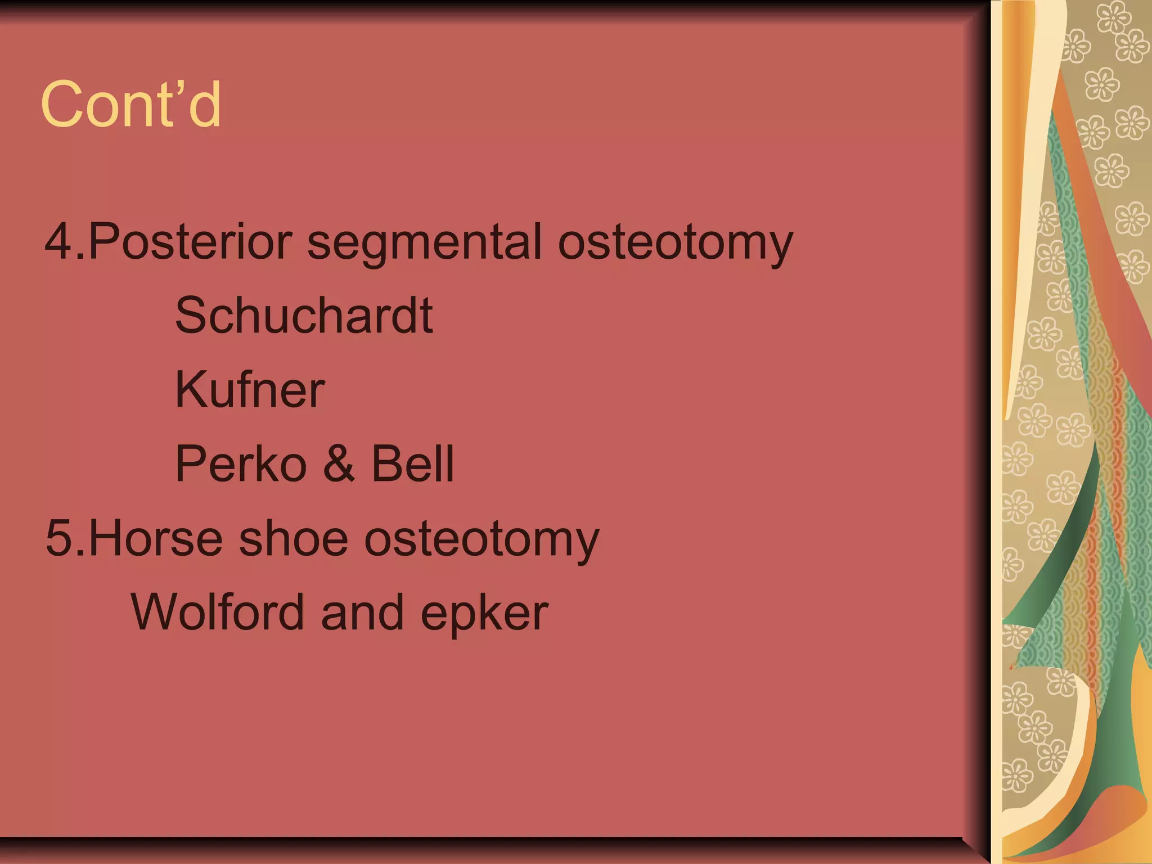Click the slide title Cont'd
[x=131, y=105]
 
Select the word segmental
[x=424, y=243]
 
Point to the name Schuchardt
[x=304, y=316]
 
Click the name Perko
[x=241, y=464]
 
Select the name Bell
[x=412, y=464]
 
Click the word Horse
[x=156, y=538]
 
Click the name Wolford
[x=217, y=612]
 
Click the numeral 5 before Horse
[x=58, y=538]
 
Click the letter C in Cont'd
[x=60, y=105]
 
